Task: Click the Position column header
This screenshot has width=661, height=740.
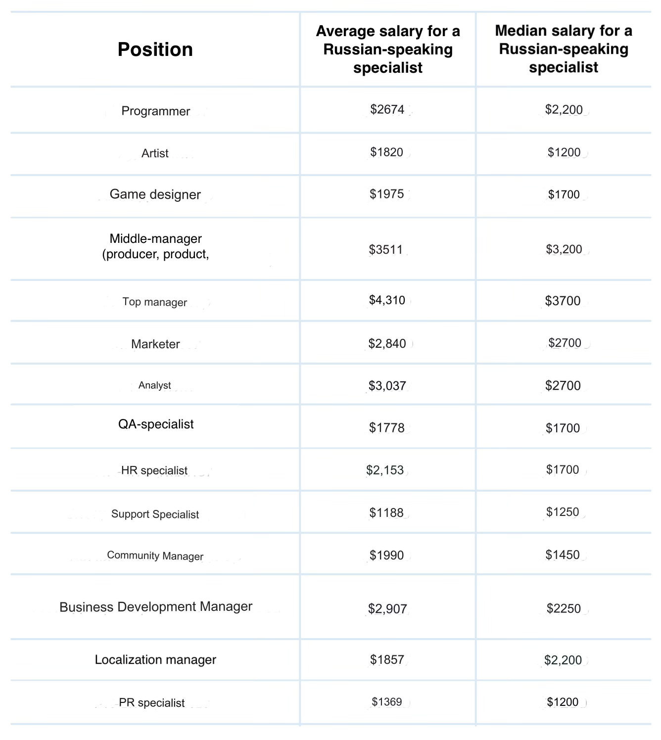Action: click(x=155, y=49)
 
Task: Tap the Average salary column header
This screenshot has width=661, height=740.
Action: click(x=388, y=49)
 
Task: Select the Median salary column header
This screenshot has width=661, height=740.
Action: click(x=564, y=49)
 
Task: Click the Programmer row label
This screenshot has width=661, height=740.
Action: click(x=155, y=111)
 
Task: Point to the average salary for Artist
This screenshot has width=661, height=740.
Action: click(x=387, y=152)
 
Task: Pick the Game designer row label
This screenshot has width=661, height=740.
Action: click(x=155, y=194)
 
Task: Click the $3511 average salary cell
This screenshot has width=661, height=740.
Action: click(x=386, y=249)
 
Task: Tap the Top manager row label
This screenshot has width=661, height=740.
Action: click(x=155, y=302)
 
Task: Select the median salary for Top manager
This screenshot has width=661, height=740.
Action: click(x=563, y=301)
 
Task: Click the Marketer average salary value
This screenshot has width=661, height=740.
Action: click(x=387, y=344)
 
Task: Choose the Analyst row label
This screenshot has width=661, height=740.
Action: click(x=155, y=385)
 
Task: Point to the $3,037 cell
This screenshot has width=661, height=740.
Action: click(x=387, y=386)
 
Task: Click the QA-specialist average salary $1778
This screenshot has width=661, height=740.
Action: click(x=387, y=428)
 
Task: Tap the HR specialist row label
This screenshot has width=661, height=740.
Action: click(x=154, y=470)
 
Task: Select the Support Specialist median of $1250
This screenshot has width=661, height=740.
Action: click(x=563, y=512)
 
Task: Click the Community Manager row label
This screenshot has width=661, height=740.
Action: click(x=155, y=555)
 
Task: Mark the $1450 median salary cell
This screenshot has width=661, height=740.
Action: click(x=563, y=555)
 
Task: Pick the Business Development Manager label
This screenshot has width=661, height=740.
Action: click(x=156, y=607)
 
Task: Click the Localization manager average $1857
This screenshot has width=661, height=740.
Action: click(x=387, y=660)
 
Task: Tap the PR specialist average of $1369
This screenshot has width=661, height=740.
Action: click(x=387, y=702)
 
